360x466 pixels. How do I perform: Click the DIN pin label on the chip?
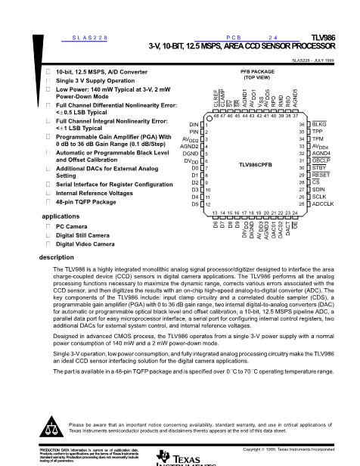point(192,124)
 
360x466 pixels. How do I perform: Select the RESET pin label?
point(322,175)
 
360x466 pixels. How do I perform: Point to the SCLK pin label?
point(321,197)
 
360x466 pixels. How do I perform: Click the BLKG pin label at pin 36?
point(320,124)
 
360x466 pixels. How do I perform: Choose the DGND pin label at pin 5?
point(191,154)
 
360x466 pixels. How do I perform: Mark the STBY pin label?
point(320,167)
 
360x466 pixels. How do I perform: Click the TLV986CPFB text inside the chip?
point(256,163)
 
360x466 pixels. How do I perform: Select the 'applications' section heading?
point(59,216)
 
